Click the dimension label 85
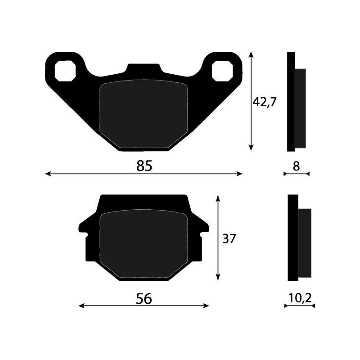coord(144,166)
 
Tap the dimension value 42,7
coord(264,102)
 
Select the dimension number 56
coord(144,298)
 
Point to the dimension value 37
coord(229,238)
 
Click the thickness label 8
coord(296,166)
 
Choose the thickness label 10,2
coord(299,297)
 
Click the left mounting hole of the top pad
coord(64,70)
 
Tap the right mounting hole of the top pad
coord(223,70)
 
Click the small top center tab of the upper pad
coord(144,69)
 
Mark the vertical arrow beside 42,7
coord(251,101)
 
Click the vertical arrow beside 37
coord(218,238)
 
